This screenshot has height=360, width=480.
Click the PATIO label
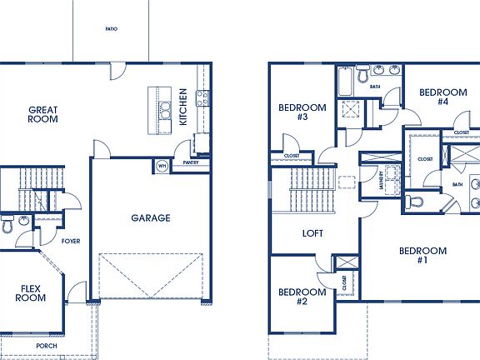coord(111,29)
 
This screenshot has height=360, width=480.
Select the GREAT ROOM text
coord(42,114)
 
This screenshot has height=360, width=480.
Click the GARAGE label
coord(150,218)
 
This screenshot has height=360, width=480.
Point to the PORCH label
coord(47,344)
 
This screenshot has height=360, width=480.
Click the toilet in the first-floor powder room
coord(7,224)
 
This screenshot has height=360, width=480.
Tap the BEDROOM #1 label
coord(422,255)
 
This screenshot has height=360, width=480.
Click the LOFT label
coord(312,234)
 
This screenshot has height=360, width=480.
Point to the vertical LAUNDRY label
coord(381,181)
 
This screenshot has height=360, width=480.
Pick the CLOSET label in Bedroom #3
coord(292,156)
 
